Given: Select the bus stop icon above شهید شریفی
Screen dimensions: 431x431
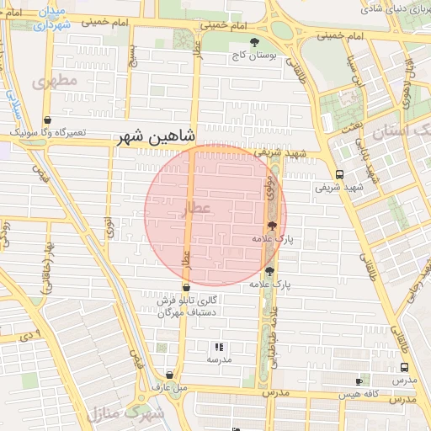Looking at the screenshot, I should (338, 174).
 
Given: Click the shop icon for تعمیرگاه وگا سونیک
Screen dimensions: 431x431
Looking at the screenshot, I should (47, 120).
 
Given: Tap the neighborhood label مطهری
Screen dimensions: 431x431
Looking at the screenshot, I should (55, 81).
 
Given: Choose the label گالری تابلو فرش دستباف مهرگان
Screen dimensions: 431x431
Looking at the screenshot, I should (189, 306).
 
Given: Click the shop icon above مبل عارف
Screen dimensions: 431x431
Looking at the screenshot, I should (170, 375).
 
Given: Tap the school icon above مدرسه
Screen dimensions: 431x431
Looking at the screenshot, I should (219, 346).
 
